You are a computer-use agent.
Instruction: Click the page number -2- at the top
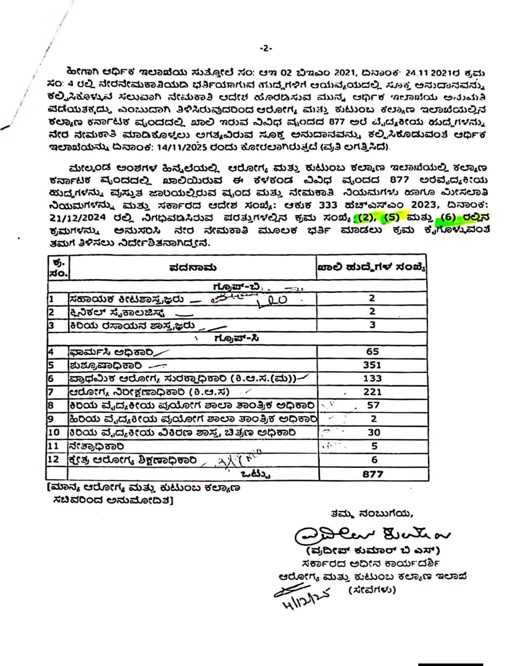point(266,49)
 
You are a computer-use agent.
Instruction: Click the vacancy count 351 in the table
point(372,365)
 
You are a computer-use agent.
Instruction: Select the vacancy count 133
point(372,378)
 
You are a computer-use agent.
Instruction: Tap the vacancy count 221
point(372,392)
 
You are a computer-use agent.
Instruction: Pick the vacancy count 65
point(372,352)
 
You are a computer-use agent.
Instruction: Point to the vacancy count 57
point(373,405)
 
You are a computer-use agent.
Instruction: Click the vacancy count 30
point(373,432)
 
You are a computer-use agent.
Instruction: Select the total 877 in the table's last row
point(373,474)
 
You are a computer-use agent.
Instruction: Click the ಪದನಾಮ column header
point(193,268)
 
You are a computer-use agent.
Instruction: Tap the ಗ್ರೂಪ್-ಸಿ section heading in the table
point(237,338)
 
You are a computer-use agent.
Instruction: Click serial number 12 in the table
point(54,460)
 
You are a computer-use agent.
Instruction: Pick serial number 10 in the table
point(54,432)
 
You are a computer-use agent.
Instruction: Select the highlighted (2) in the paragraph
point(362,217)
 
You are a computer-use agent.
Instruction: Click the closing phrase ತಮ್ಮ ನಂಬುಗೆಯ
point(371,514)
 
